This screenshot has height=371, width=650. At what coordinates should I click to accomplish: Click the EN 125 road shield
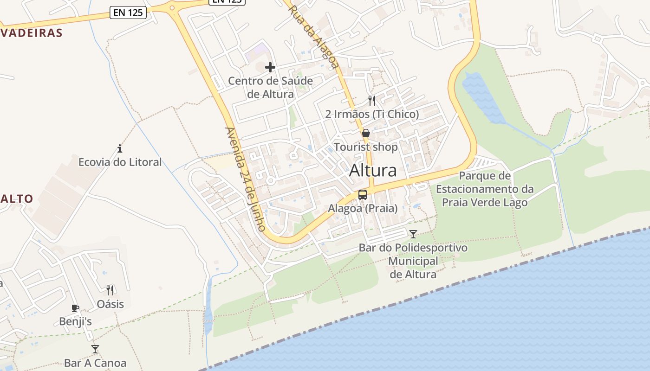pyautogui.click(x=128, y=13)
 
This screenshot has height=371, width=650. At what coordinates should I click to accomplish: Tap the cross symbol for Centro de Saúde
pyautogui.click(x=270, y=68)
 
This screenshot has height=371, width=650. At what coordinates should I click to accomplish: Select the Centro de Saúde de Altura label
pyautogui.click(x=270, y=88)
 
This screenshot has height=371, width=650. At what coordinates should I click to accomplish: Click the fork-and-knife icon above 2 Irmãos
pyautogui.click(x=372, y=101)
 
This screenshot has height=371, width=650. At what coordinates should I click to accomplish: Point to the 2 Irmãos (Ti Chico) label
pyautogui.click(x=372, y=114)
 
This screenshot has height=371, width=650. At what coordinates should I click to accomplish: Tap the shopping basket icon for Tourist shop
pyautogui.click(x=366, y=134)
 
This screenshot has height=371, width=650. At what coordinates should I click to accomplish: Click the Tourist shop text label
pyautogui.click(x=366, y=147)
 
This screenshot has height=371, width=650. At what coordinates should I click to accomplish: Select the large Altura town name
pyautogui.click(x=373, y=171)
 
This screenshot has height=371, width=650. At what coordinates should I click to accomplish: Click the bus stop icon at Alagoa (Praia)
pyautogui.click(x=363, y=195)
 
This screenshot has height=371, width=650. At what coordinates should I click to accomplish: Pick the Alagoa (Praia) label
pyautogui.click(x=363, y=208)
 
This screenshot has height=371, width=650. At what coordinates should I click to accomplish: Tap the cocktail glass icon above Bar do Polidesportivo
pyautogui.click(x=413, y=234)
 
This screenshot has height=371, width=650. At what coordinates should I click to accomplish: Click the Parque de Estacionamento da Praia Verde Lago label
pyautogui.click(x=485, y=189)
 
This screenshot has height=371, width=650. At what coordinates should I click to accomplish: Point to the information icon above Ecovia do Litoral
pyautogui.click(x=120, y=148)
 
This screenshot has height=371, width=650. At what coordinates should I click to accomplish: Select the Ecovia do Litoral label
pyautogui.click(x=120, y=162)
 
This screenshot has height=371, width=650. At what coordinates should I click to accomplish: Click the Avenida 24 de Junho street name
pyautogui.click(x=245, y=179)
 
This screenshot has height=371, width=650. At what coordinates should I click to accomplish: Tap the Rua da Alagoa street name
pyautogui.click(x=313, y=37)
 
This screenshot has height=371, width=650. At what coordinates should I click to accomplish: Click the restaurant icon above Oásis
pyautogui.click(x=110, y=290)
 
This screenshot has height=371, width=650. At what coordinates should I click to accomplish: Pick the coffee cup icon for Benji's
pyautogui.click(x=75, y=308)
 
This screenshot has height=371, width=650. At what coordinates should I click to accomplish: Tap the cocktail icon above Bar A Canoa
pyautogui.click(x=95, y=349)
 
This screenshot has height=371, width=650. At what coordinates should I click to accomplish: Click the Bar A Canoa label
pyautogui.click(x=95, y=363)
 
